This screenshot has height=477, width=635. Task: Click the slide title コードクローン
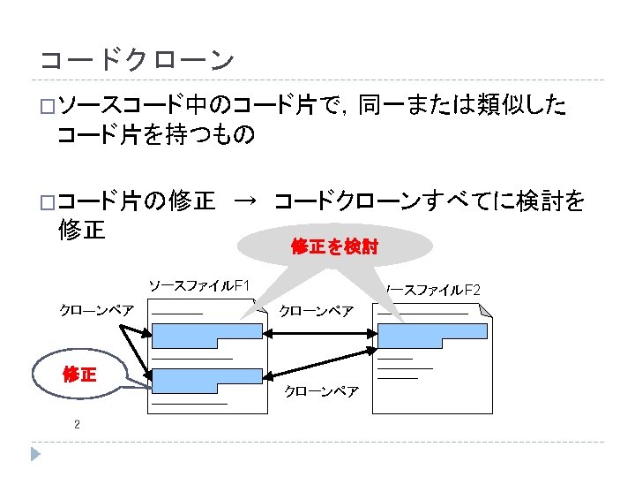click(137, 60)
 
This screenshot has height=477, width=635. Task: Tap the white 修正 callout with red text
click(78, 375)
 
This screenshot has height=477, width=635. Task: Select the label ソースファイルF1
click(199, 286)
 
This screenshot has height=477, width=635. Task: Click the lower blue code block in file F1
click(206, 381)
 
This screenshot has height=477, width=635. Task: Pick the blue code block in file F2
click(427, 337)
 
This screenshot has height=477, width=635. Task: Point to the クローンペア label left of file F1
click(96, 310)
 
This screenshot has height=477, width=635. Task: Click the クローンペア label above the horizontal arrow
click(316, 311)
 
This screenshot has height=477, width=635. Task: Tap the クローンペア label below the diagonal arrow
click(320, 391)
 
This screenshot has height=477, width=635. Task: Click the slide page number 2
click(77, 425)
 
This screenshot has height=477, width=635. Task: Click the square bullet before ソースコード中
click(47, 108)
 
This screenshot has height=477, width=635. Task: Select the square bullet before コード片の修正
click(47, 203)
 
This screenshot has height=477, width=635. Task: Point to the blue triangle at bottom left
click(35, 454)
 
